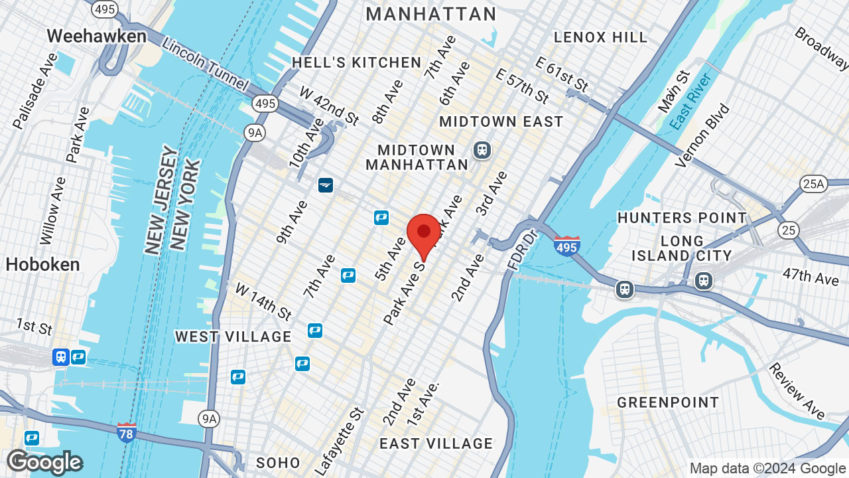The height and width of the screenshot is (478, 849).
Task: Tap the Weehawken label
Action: click(x=97, y=36)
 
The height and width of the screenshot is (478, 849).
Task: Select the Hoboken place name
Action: click(x=42, y=264)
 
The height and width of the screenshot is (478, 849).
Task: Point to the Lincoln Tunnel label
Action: click(x=205, y=65)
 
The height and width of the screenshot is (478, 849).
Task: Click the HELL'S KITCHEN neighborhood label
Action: click(x=357, y=62)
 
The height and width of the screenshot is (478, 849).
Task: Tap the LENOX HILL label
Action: click(x=600, y=37)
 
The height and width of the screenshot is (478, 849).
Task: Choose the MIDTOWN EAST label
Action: click(x=501, y=121)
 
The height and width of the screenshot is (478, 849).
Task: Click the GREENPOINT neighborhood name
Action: click(x=668, y=402)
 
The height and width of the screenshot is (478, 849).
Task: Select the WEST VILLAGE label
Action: click(x=233, y=337)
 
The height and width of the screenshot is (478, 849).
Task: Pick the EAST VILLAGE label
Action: click(x=436, y=443)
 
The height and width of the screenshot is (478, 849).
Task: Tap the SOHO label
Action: click(x=278, y=463)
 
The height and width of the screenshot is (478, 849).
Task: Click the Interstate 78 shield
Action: click(x=126, y=432)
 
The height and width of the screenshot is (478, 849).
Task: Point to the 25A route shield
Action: click(x=814, y=184)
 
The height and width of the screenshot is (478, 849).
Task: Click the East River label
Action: click(x=690, y=102)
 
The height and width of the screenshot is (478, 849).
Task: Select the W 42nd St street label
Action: click(x=329, y=106)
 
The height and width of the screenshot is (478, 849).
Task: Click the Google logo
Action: click(x=44, y=462)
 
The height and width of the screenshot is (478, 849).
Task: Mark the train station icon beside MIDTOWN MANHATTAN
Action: click(x=482, y=150)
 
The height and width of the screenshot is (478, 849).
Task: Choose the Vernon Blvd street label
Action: click(x=702, y=135)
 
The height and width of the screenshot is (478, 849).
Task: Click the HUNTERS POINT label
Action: click(x=682, y=218)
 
